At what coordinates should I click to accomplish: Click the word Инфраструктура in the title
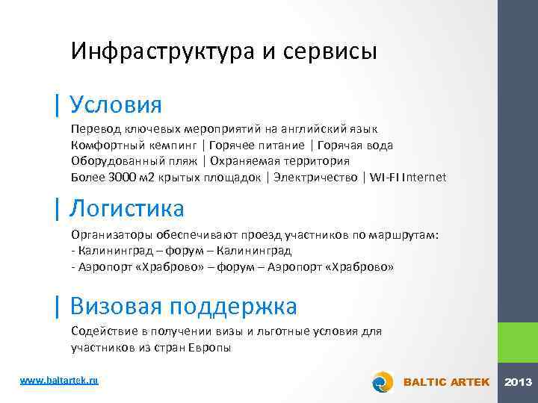[x=157, y=51]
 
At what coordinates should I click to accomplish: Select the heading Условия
[x=114, y=103]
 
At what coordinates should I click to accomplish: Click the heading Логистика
[x=126, y=206]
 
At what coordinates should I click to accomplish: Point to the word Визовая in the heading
[x=116, y=306]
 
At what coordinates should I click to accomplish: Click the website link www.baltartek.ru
[x=59, y=381]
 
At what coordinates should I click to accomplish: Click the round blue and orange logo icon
[x=383, y=381]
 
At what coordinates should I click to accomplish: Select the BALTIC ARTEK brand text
[x=446, y=382]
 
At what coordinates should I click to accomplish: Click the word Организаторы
[x=106, y=235]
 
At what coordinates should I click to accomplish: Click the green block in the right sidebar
[x=518, y=343]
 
